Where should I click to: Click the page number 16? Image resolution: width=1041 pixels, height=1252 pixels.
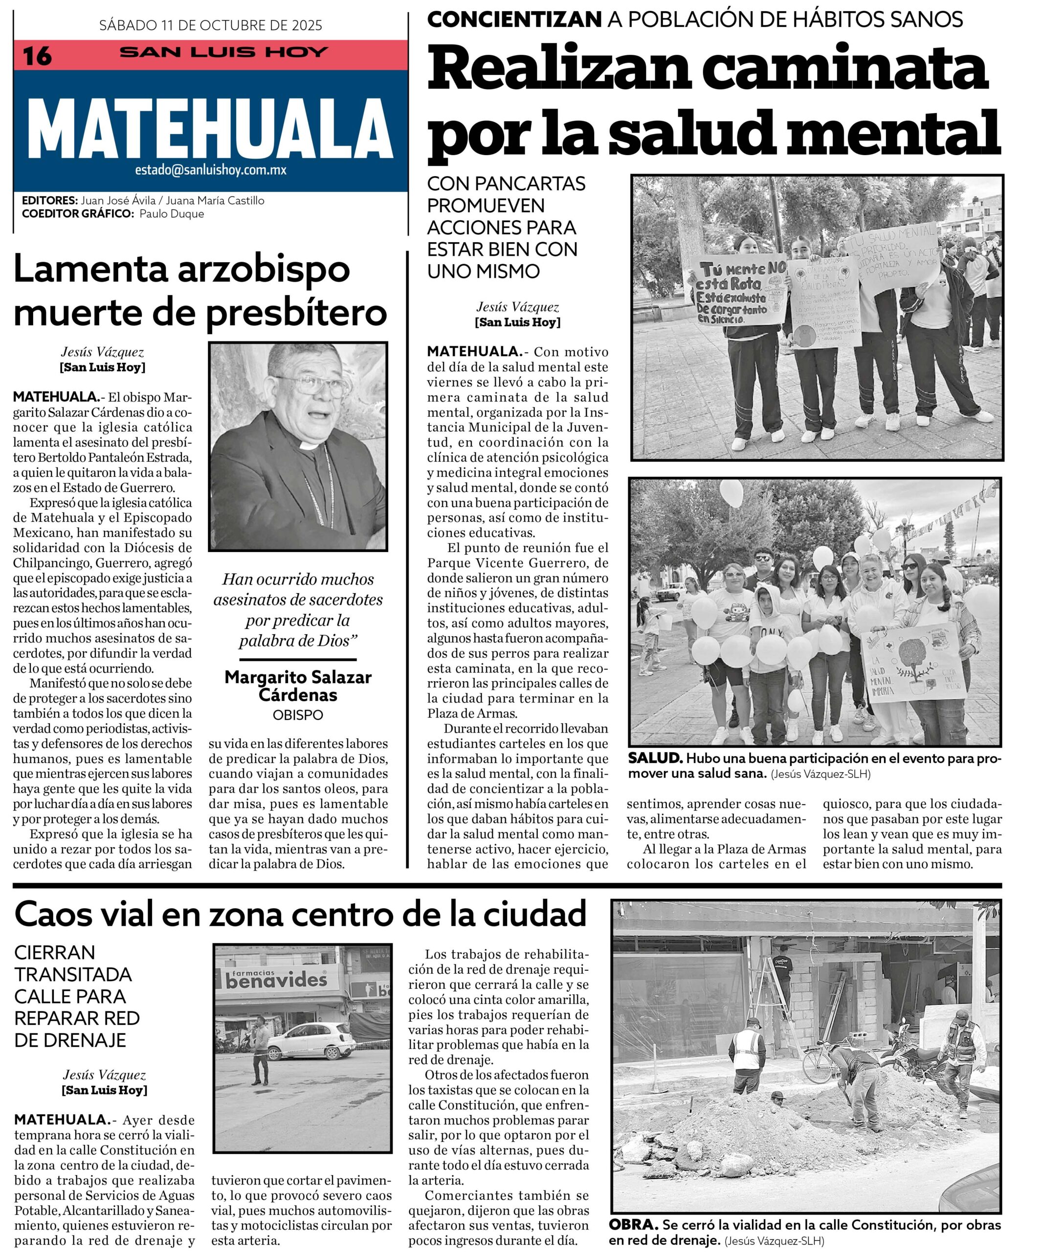click(37, 56)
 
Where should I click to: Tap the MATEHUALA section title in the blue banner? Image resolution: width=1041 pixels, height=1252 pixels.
click(210, 128)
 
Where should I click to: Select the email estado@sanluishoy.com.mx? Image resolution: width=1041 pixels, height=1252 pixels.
click(210, 170)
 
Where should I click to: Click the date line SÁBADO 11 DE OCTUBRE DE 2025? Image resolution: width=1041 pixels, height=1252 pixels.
click(210, 25)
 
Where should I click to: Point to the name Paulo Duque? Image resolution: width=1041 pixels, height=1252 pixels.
click(172, 213)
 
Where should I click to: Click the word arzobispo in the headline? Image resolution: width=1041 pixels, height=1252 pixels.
click(263, 269)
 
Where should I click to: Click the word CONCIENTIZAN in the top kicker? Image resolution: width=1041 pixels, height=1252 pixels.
click(514, 20)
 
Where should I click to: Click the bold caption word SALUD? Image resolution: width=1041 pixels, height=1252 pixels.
click(655, 759)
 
